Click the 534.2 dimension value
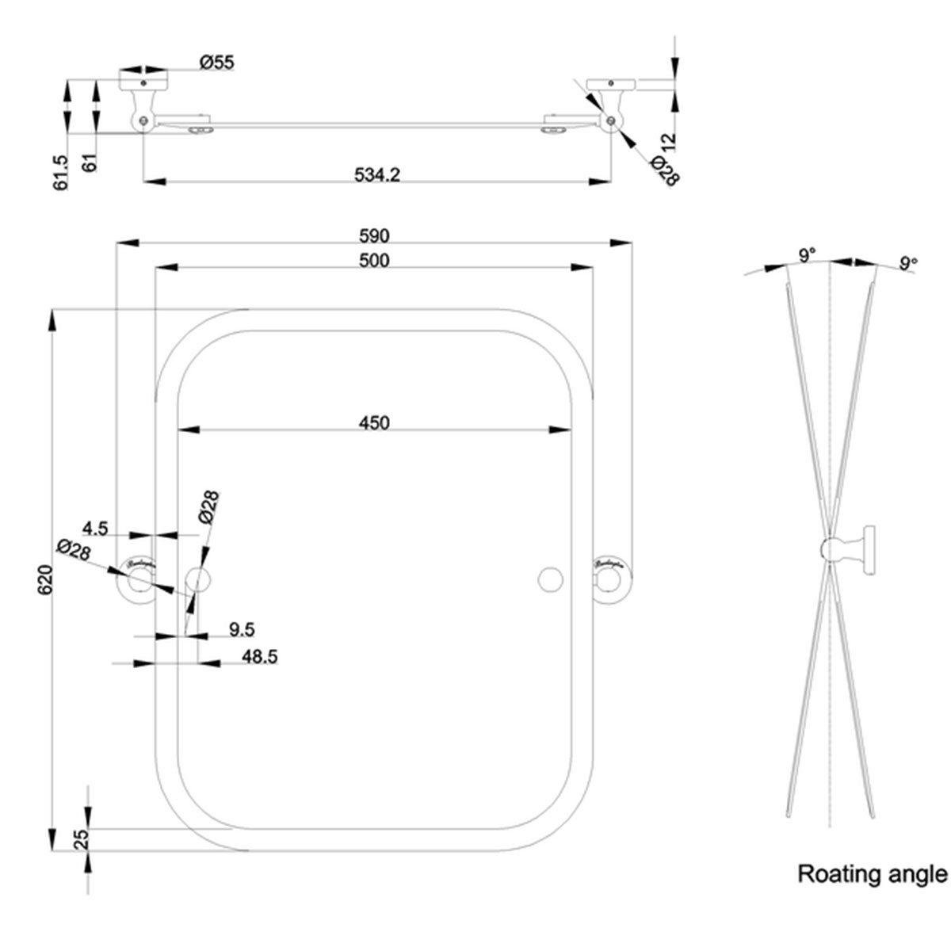coord(376,174)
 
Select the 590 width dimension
coord(374,235)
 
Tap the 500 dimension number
coord(374,260)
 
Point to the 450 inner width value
coord(374,423)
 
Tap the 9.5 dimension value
coord(241,630)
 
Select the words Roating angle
coord(872,874)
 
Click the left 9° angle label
coord(807,255)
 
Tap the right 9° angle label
coord(908,262)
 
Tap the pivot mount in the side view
coord(848,549)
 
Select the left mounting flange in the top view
coord(143,81)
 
